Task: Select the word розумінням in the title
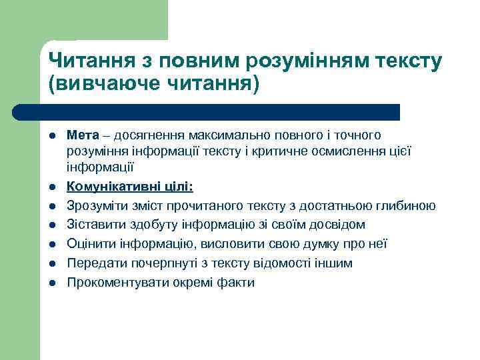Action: pos(304,61)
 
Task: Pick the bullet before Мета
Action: pos(53,136)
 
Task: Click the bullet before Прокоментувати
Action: pos(53,283)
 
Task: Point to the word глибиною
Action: pos(410,206)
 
